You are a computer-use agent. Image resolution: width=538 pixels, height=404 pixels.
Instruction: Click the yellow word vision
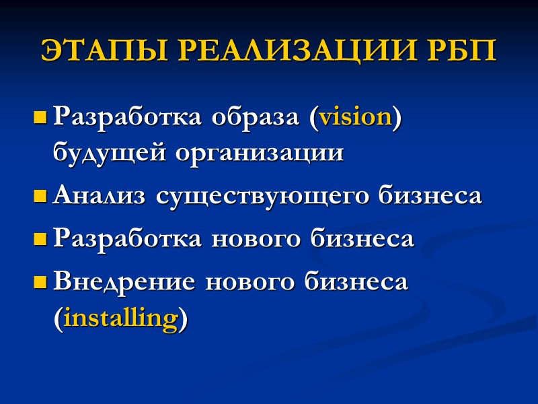[x=355, y=116]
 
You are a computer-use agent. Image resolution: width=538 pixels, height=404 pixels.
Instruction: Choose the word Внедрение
[x=124, y=281]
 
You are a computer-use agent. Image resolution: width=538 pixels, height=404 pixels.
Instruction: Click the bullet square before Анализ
[x=40, y=197]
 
